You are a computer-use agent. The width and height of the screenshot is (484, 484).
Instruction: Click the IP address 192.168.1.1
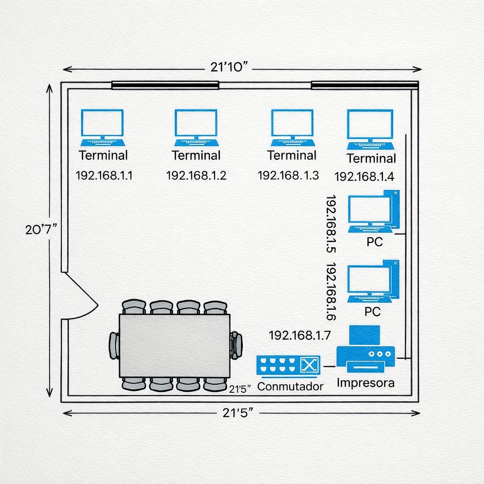coord(104,176)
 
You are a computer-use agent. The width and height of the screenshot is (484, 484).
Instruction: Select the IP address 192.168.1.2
coord(196,176)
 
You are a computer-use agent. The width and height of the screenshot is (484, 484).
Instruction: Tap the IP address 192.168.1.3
coord(288,176)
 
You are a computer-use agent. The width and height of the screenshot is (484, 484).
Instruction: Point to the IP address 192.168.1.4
coord(364,177)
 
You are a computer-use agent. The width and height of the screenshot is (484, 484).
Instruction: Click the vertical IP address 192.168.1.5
coord(331,224)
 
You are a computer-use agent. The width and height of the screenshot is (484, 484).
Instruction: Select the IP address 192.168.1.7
coord(300,336)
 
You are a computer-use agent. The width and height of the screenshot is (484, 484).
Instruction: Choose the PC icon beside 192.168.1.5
coord(373,213)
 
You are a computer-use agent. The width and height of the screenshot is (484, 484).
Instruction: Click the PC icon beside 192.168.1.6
coord(373,282)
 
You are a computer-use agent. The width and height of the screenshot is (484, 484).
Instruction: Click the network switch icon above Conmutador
coord(288,365)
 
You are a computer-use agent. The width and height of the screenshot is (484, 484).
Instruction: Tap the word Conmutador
coord(290,386)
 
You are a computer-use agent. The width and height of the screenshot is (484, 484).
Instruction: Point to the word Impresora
coord(365,383)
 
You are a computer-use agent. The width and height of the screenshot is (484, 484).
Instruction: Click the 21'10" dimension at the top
coord(229,67)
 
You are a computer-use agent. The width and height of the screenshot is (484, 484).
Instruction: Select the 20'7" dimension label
coord(41,229)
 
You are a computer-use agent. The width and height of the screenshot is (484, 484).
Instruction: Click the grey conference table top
coord(174,345)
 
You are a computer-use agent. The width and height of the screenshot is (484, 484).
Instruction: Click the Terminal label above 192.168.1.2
coord(196,155)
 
